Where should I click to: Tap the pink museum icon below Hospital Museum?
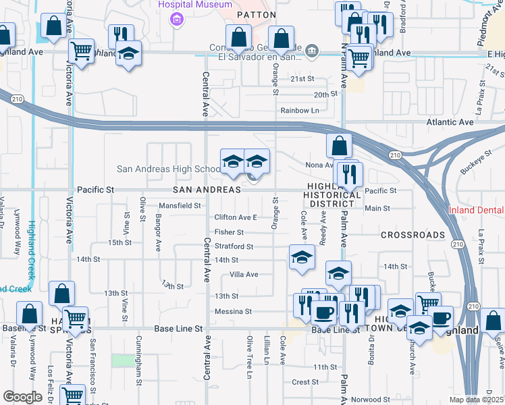(177, 18)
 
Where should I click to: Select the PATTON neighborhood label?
(256, 14)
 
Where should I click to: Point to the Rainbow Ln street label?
(300, 111)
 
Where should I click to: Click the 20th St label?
(325, 95)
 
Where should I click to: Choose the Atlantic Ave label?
(450, 122)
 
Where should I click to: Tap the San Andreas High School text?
(168, 169)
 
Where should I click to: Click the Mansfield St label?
(180, 205)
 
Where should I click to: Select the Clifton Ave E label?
(236, 217)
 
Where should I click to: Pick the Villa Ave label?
(244, 275)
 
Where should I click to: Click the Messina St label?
(233, 312)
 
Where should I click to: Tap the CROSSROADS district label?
(413, 235)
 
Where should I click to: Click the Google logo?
(22, 397)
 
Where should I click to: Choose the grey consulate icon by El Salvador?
(311, 49)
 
